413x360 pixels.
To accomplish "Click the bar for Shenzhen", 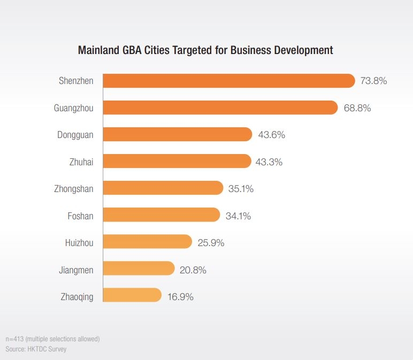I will [x=228, y=81].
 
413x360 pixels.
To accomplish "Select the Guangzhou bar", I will [x=220, y=108].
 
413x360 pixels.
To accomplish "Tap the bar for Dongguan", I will [x=177, y=134].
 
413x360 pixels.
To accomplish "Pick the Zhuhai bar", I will [x=177, y=161].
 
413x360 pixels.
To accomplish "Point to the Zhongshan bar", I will [x=163, y=188].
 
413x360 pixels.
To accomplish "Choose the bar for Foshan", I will [x=161, y=215].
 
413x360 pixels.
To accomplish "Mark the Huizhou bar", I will [x=147, y=242].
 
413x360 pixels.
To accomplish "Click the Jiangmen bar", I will [x=139, y=269].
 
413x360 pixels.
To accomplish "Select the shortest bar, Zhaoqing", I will [x=132, y=295].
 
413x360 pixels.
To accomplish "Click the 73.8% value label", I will [x=373, y=81].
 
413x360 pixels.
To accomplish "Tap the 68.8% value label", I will [x=357, y=108].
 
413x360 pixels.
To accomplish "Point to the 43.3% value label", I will [x=269, y=162].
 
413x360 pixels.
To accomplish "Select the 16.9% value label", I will [x=180, y=296].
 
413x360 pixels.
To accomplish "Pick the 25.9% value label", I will [x=211, y=242].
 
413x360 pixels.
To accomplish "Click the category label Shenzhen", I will [x=76, y=81].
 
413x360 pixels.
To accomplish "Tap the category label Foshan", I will [x=80, y=216].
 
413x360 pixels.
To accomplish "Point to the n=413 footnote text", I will [x=52, y=339].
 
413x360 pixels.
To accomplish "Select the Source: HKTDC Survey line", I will [x=36, y=349].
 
